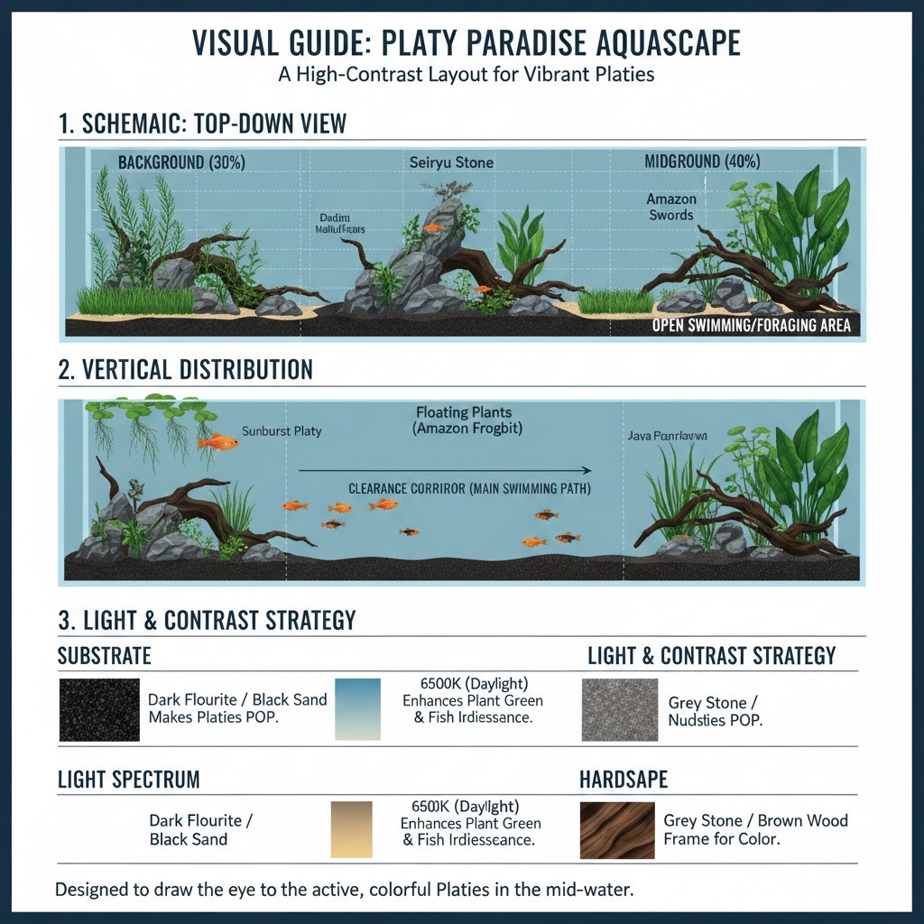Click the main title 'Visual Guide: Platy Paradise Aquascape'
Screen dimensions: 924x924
(461, 42)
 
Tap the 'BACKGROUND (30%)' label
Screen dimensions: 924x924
(181, 162)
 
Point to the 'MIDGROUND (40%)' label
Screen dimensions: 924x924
(702, 162)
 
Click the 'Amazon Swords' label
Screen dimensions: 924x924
(670, 207)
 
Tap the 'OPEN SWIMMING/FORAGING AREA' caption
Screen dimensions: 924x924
(751, 325)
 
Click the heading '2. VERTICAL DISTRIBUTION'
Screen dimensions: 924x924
(185, 369)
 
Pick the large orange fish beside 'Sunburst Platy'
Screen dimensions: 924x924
(218, 441)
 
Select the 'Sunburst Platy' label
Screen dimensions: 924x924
(282, 431)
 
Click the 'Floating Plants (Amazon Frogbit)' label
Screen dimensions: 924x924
(464, 420)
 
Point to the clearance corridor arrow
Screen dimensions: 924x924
(444, 470)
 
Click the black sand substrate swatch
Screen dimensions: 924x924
(99, 709)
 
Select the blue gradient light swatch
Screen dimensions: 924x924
(356, 709)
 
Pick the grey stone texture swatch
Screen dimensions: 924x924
(618, 709)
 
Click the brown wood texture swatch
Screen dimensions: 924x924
(618, 830)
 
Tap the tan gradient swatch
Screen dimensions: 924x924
(351, 830)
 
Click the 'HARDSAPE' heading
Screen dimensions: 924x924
(624, 779)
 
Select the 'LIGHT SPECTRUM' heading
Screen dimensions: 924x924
(128, 779)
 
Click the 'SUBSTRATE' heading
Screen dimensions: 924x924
(104, 655)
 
